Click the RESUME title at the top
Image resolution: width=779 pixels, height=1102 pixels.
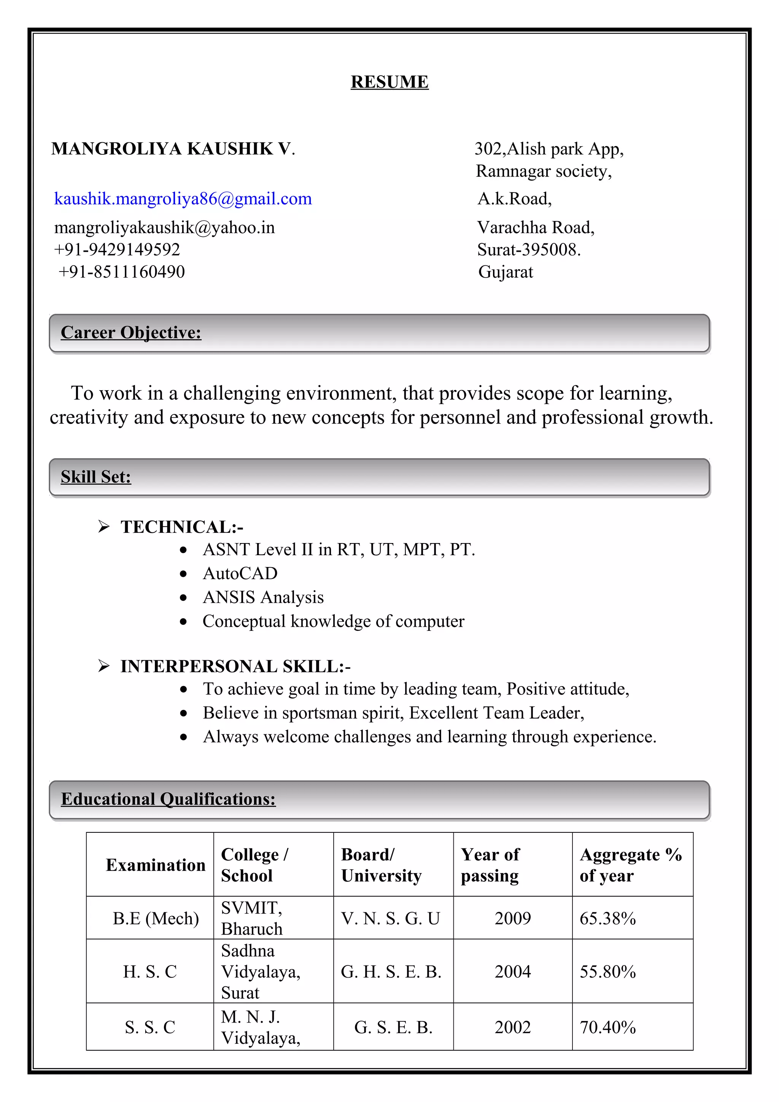pyautogui.click(x=389, y=82)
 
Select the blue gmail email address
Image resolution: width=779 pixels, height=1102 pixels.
pyautogui.click(x=183, y=199)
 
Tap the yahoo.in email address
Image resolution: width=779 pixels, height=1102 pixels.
pyautogui.click(x=164, y=227)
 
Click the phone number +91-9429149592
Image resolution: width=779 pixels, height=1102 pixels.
pyautogui.click(x=117, y=249)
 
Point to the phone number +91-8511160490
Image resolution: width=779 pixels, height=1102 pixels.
pyautogui.click(x=121, y=272)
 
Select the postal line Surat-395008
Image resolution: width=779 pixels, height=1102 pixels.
pyautogui.click(x=528, y=249)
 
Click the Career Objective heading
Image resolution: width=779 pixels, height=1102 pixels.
pyautogui.click(x=131, y=333)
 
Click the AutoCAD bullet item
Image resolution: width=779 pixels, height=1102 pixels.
pyautogui.click(x=240, y=573)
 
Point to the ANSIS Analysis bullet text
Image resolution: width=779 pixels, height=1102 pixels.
pyautogui.click(x=263, y=597)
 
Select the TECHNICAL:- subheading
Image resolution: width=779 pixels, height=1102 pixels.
pyautogui.click(x=182, y=527)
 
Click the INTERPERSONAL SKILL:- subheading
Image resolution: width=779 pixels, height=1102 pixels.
pyautogui.click(x=235, y=666)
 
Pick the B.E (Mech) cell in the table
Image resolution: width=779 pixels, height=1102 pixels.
pyautogui.click(x=156, y=918)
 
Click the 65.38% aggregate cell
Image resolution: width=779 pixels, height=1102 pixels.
pyautogui.click(x=608, y=918)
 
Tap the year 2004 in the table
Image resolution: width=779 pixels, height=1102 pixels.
pyautogui.click(x=513, y=972)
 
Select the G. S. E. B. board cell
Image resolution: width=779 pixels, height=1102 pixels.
pyautogui.click(x=393, y=1027)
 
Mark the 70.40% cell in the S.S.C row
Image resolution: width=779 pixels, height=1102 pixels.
pyautogui.click(x=608, y=1027)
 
